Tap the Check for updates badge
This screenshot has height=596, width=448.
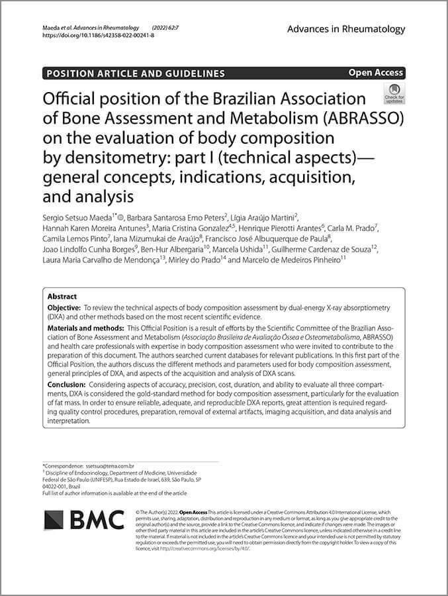coord(394,94)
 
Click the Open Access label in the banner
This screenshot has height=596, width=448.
coord(375,73)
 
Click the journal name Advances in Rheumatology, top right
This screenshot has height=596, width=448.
coord(346,29)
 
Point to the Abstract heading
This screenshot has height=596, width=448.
coord(62,297)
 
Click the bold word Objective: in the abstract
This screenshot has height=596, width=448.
coord(64,309)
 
